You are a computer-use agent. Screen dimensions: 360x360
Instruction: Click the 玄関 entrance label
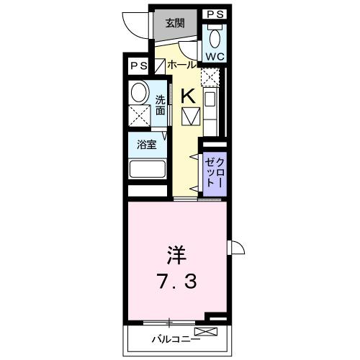(x=175, y=24)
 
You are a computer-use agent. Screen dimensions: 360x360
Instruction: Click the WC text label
(x=215, y=55)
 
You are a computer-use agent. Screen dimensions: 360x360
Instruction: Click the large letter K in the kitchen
(x=187, y=94)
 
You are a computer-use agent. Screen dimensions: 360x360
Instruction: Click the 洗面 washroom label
(x=161, y=106)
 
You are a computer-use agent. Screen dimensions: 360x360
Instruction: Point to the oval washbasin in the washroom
(x=139, y=91)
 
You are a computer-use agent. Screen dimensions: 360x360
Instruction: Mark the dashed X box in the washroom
(x=139, y=115)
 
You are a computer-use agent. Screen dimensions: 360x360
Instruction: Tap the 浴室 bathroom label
(x=147, y=144)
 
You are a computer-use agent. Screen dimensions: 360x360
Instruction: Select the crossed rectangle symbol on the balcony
(x=204, y=332)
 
